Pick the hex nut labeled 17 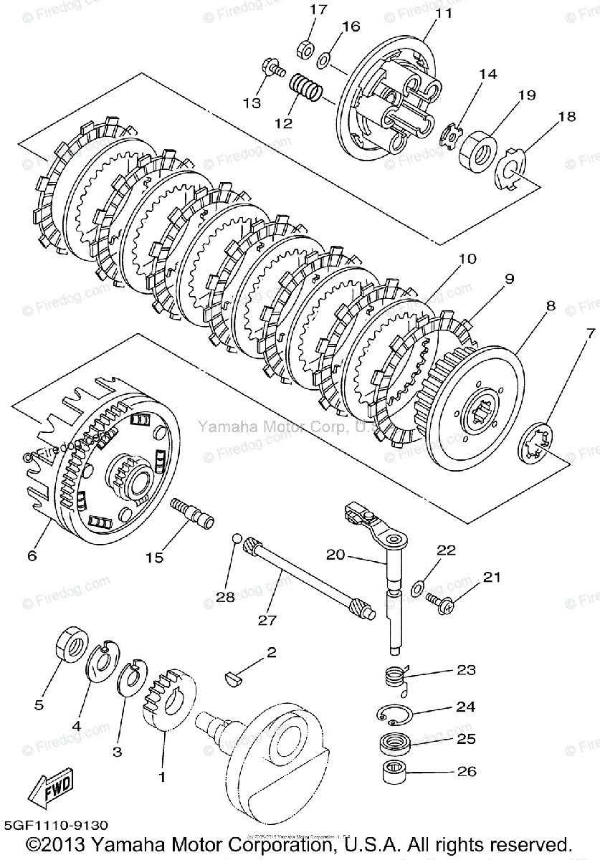tap(303, 50)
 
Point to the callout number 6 tap(32, 555)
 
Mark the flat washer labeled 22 tap(417, 590)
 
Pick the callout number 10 tap(467, 259)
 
